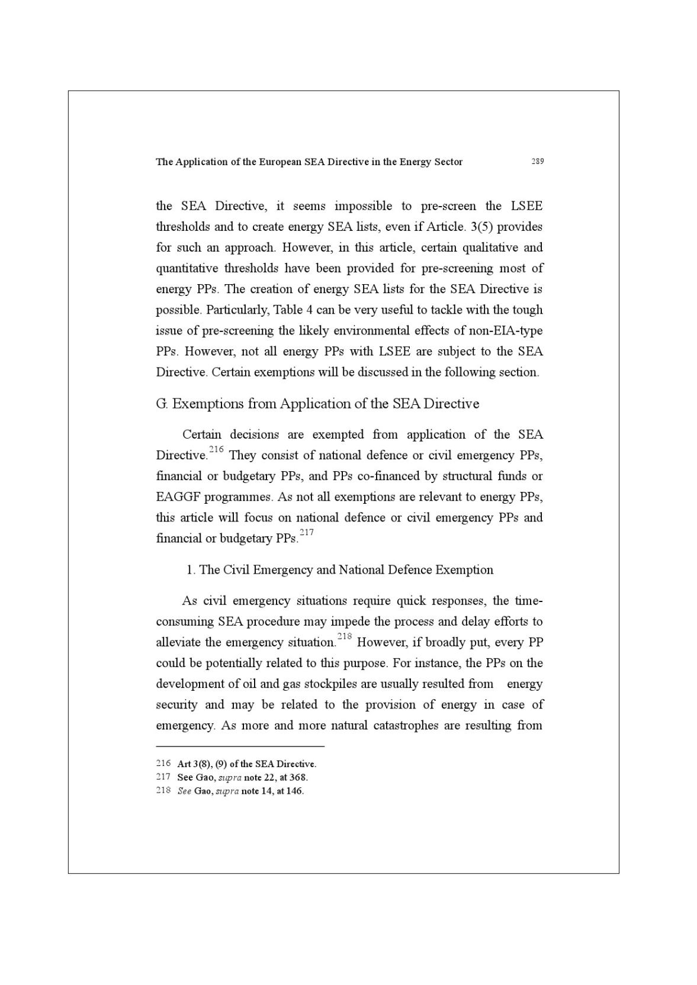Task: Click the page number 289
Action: pos(537,161)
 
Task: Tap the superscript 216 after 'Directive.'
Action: pos(216,450)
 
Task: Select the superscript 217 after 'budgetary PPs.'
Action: pos(306,533)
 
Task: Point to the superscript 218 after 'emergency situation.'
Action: pos(345,637)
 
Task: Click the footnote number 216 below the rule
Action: pos(163,764)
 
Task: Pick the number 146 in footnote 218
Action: pos(294,791)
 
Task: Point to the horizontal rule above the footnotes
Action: pos(240,747)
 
